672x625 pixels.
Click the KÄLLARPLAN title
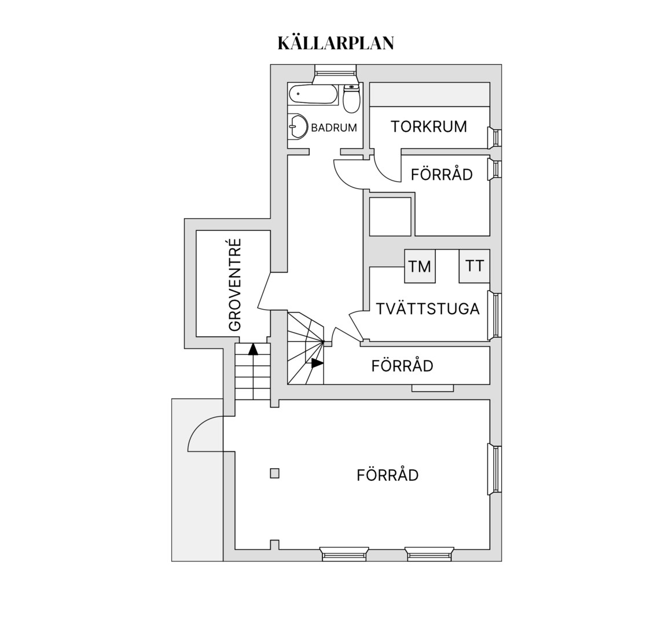(x=336, y=43)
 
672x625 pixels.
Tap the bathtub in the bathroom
(x=313, y=94)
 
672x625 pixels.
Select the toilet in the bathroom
(x=351, y=98)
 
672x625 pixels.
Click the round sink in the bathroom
(x=298, y=126)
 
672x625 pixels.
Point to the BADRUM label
(x=334, y=128)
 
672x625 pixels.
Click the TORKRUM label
(x=428, y=127)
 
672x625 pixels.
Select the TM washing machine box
(x=420, y=266)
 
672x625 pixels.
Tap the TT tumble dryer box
(x=474, y=266)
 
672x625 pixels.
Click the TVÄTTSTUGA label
(x=428, y=308)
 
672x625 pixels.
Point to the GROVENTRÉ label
(x=235, y=285)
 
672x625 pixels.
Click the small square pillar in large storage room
(x=275, y=473)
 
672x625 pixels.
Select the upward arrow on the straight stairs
(x=254, y=349)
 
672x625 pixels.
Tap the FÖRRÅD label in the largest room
(x=387, y=475)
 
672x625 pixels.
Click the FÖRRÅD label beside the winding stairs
(x=402, y=366)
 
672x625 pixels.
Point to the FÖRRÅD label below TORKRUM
(x=442, y=174)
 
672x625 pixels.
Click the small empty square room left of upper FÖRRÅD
(x=390, y=216)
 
